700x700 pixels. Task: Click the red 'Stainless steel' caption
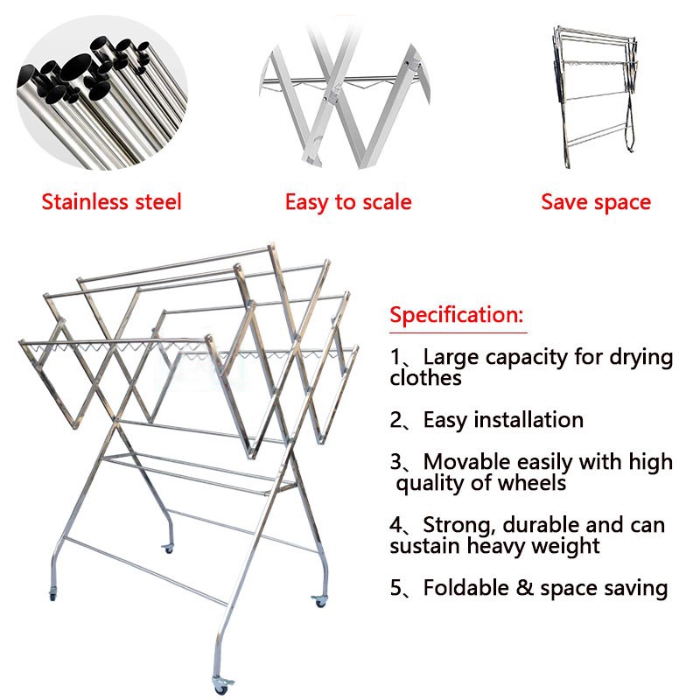112,202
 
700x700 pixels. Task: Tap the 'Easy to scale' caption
348,202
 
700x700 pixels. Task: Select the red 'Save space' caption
596,202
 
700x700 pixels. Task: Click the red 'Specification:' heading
456,315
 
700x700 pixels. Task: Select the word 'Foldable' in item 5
466,587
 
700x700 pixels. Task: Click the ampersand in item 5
524,587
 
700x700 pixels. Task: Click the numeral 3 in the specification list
395,462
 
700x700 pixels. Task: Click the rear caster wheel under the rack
168,549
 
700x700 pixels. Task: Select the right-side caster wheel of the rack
319,601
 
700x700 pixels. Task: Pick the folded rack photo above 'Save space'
595,97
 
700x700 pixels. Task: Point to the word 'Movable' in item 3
466,462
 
